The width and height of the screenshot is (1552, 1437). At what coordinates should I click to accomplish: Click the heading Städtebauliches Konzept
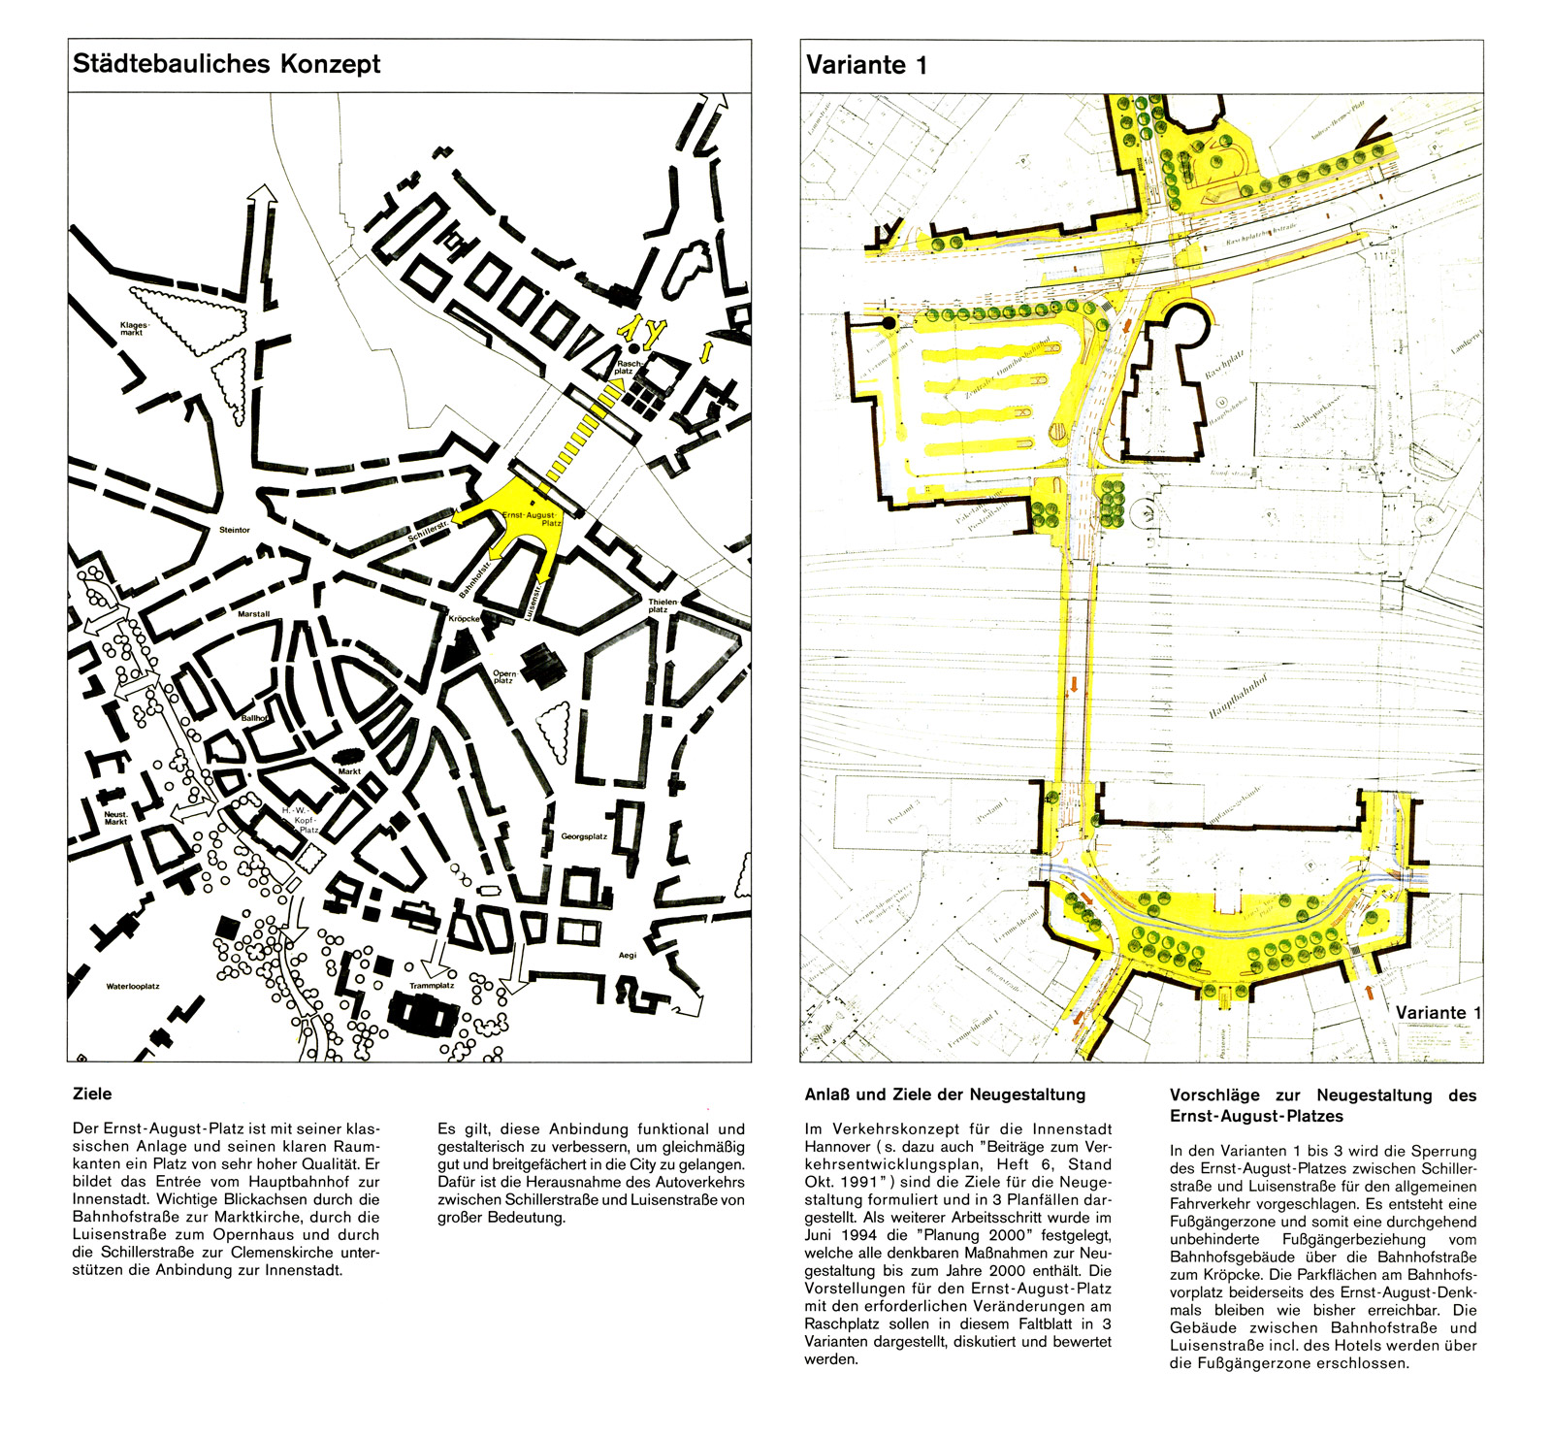[x=227, y=65]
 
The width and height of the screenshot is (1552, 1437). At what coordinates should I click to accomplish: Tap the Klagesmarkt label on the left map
[x=134, y=329]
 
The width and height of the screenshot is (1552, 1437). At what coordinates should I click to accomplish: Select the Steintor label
[x=235, y=530]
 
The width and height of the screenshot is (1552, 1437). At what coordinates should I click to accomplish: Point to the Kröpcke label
[x=465, y=618]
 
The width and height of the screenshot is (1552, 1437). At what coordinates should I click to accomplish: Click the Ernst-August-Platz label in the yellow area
[x=533, y=518]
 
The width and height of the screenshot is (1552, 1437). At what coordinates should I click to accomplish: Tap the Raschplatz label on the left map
[x=625, y=368]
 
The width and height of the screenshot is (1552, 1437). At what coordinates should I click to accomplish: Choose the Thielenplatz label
[x=663, y=605]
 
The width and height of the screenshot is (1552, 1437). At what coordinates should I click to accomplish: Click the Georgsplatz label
[x=584, y=836]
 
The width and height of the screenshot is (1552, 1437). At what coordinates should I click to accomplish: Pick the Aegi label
[x=628, y=955]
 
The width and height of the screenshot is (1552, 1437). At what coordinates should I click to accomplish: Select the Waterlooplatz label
[x=133, y=986]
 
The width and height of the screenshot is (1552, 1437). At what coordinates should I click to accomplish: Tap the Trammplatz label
[x=432, y=985]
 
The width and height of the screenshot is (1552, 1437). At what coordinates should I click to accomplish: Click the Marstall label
[x=254, y=614]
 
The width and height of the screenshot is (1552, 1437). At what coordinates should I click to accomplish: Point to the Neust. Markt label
[x=116, y=818]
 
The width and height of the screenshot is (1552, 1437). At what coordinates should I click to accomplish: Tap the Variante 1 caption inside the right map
[x=1439, y=1012]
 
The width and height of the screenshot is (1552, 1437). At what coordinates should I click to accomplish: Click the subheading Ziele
[x=92, y=1094]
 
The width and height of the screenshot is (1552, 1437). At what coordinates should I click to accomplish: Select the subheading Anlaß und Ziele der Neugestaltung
[x=945, y=1094]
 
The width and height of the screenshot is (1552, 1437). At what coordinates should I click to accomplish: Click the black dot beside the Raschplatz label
[x=633, y=347]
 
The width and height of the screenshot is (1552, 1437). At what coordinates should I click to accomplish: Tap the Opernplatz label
[x=504, y=676]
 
